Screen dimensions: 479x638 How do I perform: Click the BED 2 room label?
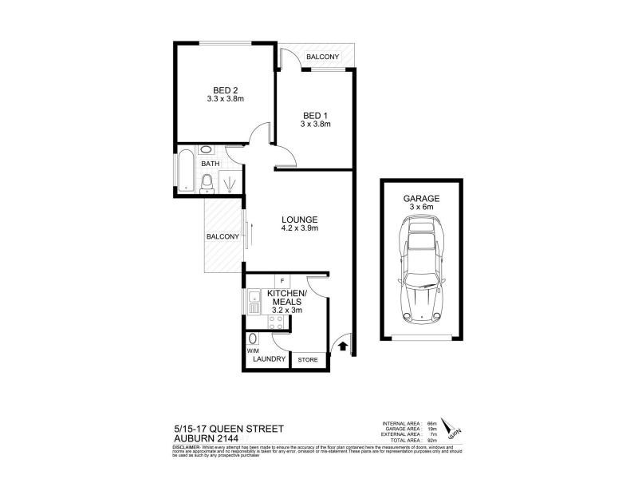point(225,89)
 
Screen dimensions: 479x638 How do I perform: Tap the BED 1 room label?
point(315,114)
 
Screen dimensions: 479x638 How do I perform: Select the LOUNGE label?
point(300,220)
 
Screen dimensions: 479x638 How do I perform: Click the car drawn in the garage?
point(421,271)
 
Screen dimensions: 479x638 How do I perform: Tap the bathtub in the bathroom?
point(186,169)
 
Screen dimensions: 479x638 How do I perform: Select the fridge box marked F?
point(283,281)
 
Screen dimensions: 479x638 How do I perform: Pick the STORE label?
point(308,360)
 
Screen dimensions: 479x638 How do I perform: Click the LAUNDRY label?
point(269,360)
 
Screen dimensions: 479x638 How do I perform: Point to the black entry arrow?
point(342,346)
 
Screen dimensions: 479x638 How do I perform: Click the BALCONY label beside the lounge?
point(223,236)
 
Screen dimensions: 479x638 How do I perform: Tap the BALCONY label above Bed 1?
point(324,57)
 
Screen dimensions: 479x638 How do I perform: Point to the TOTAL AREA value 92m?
point(431,441)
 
